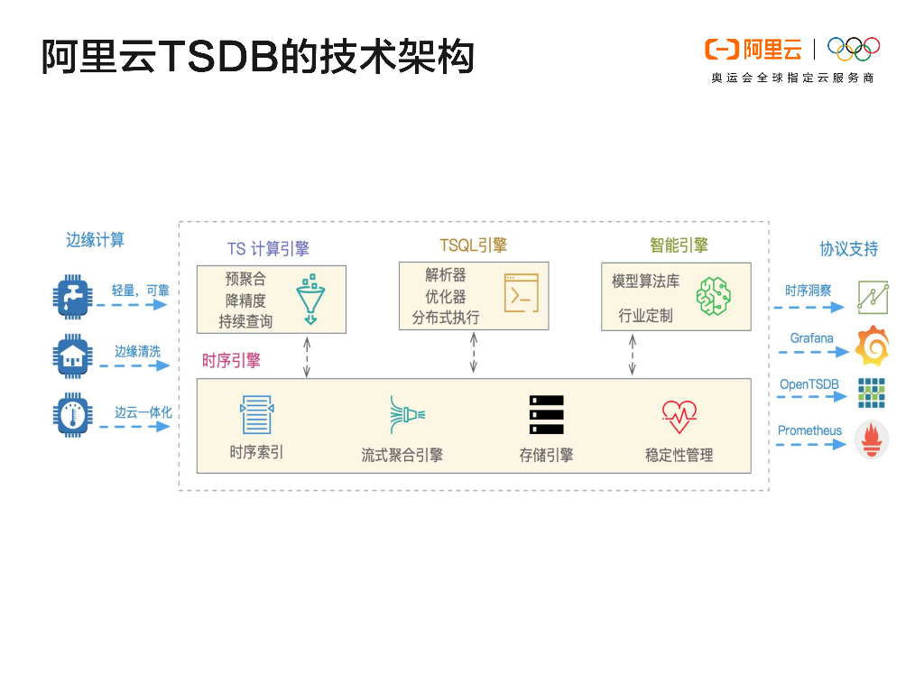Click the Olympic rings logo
[x=853, y=49]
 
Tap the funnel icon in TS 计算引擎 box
[x=310, y=298]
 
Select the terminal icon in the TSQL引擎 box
[x=521, y=293]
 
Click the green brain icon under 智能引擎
[x=713, y=296]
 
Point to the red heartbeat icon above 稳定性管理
[x=679, y=416]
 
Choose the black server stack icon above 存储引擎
[x=546, y=415]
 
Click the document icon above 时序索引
[x=256, y=415]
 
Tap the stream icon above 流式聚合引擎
[x=406, y=414]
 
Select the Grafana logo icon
[x=872, y=345]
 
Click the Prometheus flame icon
[x=872, y=439]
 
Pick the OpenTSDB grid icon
[x=872, y=393]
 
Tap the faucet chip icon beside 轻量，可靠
[x=72, y=297]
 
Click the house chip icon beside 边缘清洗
[x=72, y=356]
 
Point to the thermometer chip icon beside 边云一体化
[x=72, y=415]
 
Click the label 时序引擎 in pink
[x=231, y=361]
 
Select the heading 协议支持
[x=848, y=249]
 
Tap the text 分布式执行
[x=446, y=318]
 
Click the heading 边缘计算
[x=95, y=240]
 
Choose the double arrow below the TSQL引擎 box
[x=474, y=353]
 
